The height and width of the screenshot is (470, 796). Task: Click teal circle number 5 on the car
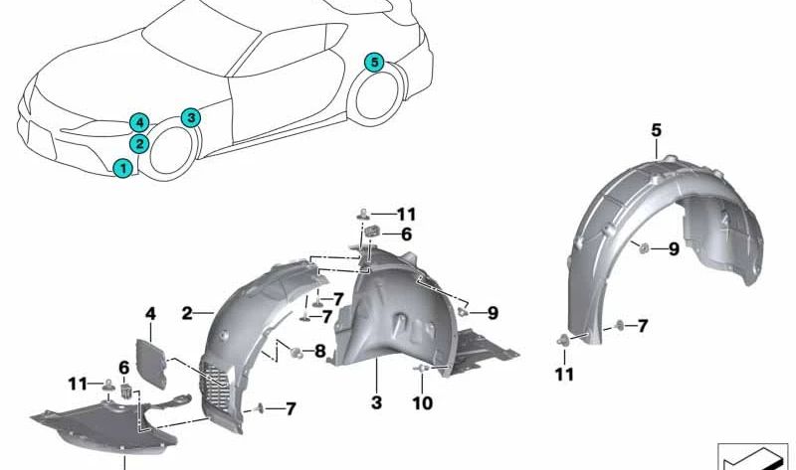pos(375,63)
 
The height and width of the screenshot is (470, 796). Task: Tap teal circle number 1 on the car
pos(122,168)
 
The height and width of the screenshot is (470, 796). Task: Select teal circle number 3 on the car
pos(191,117)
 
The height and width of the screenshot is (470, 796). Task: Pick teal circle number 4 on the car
pos(139,122)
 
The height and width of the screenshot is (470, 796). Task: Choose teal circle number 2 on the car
pos(138,143)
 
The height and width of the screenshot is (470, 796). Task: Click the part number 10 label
pos(422,403)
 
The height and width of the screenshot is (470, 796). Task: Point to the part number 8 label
pos(319,351)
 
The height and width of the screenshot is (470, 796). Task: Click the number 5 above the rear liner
pos(657,130)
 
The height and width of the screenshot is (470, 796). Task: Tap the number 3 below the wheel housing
pos(376,402)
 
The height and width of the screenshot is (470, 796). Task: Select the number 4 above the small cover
pos(151,314)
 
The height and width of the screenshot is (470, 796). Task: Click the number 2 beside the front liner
pos(187,314)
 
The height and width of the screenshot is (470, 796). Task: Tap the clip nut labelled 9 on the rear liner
pos(644,248)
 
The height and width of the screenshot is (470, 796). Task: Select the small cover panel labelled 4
pos(151,363)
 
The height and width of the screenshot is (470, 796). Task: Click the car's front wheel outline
pos(171,153)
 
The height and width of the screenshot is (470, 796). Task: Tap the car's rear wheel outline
pos(376,97)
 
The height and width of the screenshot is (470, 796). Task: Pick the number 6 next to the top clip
pos(406,235)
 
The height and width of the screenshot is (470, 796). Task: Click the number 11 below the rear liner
pos(564,375)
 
